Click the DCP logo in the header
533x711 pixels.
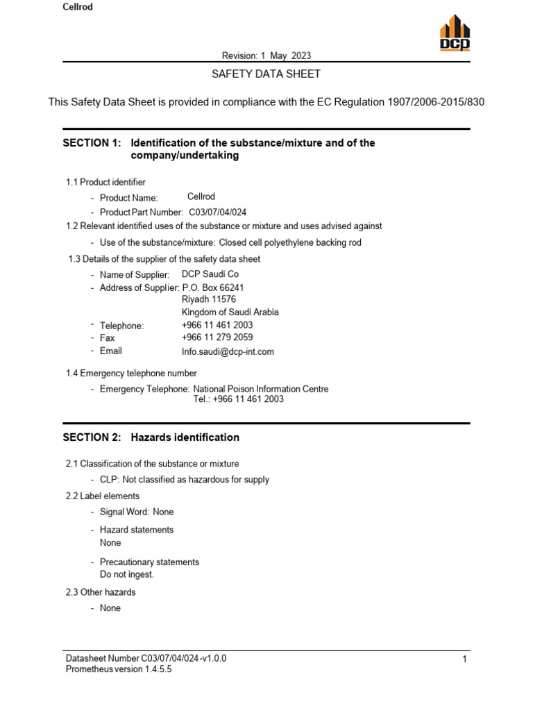(x=455, y=33)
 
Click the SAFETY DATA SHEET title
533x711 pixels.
(x=266, y=74)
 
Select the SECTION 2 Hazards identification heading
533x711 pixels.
(x=151, y=437)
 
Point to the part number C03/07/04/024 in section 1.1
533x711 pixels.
(x=218, y=212)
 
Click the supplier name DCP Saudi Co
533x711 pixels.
(x=210, y=274)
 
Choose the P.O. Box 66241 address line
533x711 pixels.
(x=213, y=287)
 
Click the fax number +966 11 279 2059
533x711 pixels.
(x=217, y=338)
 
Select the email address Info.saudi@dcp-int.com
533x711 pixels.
(x=228, y=351)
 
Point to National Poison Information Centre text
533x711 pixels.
(x=261, y=389)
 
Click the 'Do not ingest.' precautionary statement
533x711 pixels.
(x=127, y=575)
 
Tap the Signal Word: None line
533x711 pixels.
(x=137, y=512)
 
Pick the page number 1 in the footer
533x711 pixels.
(x=464, y=658)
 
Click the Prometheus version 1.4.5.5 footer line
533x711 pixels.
(x=119, y=669)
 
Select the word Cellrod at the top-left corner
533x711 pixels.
(x=77, y=7)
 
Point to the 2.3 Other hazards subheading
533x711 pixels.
(x=101, y=592)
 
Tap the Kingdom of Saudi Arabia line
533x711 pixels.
(x=230, y=312)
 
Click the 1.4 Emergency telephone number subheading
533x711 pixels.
(x=131, y=373)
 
